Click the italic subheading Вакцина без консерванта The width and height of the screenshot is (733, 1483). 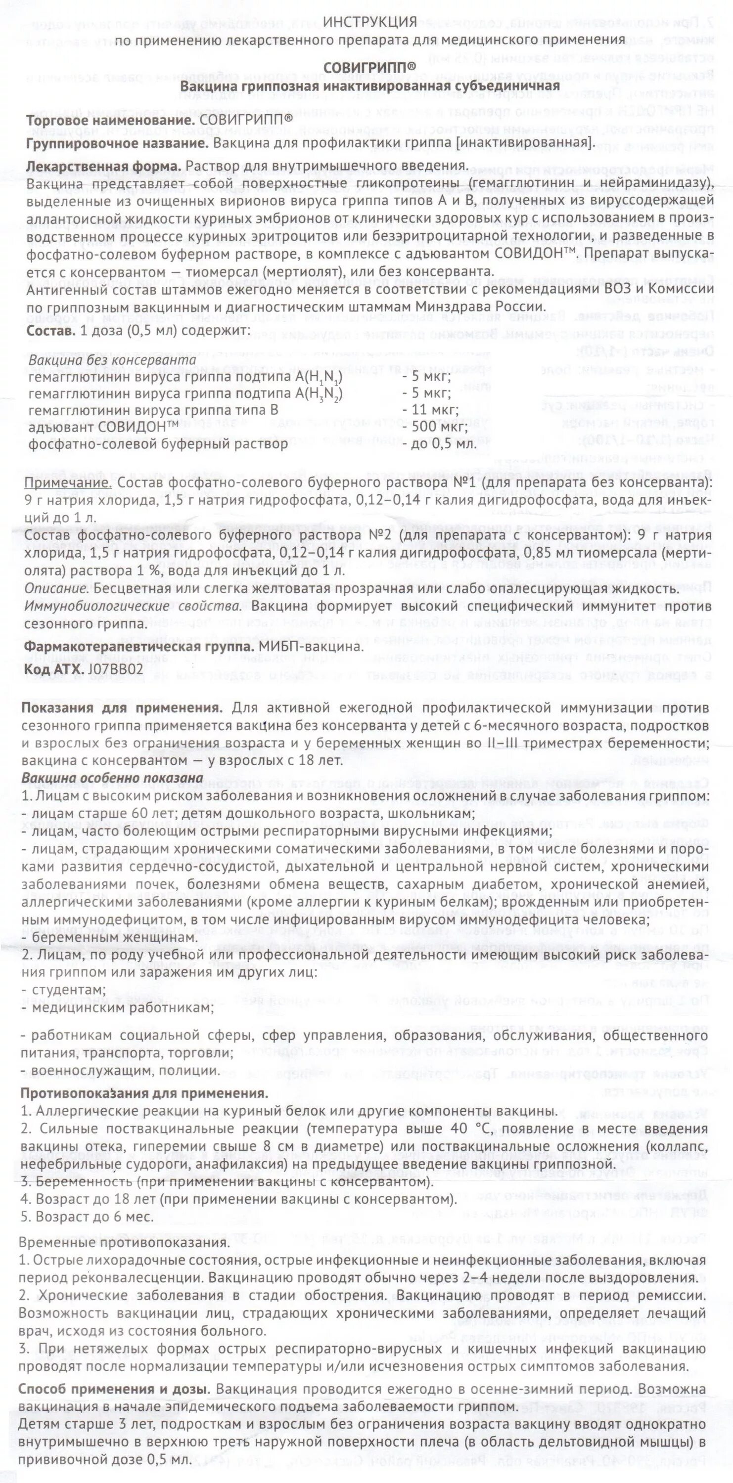(x=112, y=360)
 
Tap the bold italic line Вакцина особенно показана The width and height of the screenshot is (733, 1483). (x=112, y=778)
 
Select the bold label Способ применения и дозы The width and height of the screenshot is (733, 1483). (x=113, y=1384)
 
